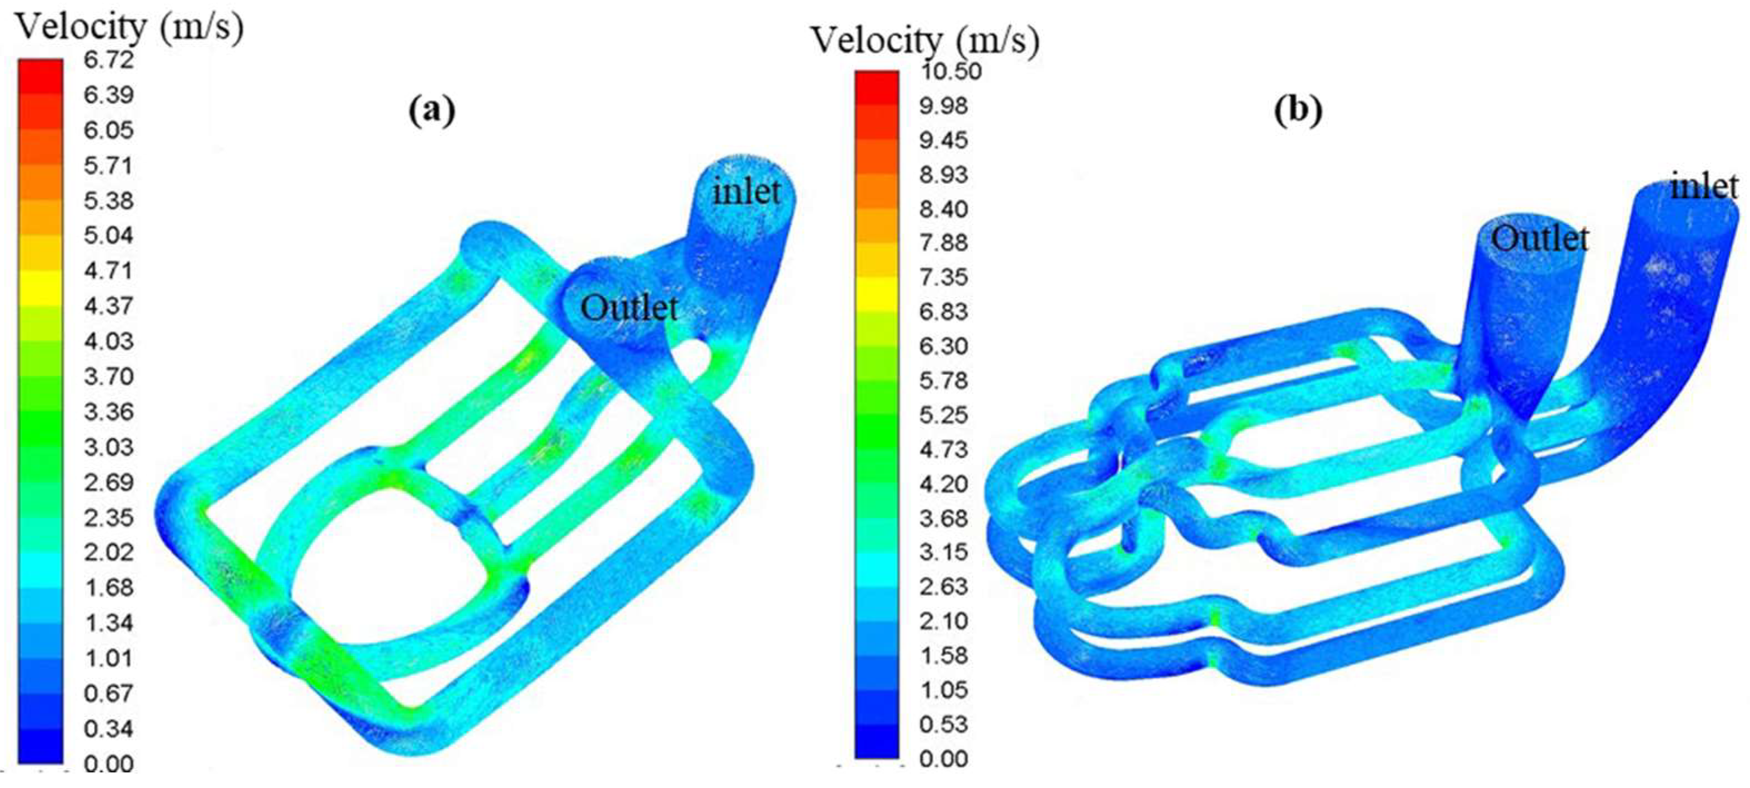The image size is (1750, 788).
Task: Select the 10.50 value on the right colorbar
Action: tap(951, 71)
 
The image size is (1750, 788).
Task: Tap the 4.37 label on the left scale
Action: tap(109, 305)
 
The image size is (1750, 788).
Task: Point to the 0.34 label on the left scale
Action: tap(109, 729)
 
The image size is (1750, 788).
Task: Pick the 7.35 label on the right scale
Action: tap(944, 277)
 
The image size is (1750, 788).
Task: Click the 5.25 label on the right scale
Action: tap(944, 415)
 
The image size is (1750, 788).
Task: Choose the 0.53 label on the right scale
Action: tap(944, 724)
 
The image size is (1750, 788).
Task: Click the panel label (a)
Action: tap(432, 109)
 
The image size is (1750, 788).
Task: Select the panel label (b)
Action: tap(1298, 109)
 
